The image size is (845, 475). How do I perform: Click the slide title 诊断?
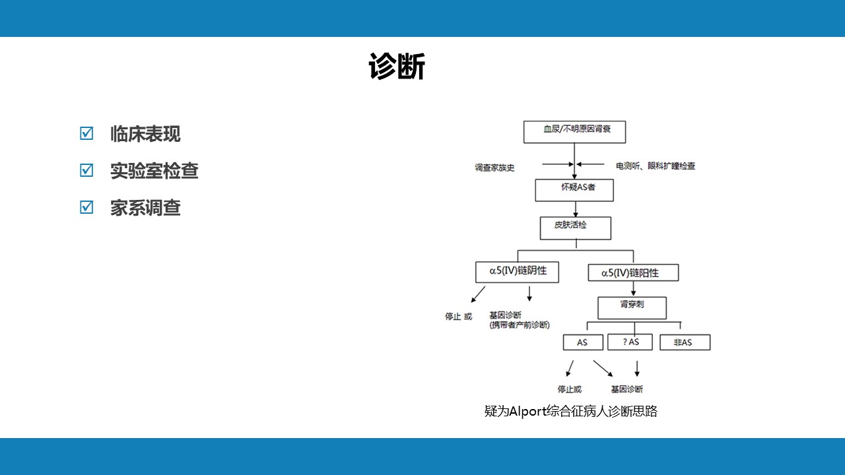pos(397,67)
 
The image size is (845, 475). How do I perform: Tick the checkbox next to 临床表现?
pos(86,133)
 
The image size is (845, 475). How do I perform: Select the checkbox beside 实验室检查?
pos(86,170)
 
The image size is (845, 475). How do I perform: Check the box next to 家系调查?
pos(86,207)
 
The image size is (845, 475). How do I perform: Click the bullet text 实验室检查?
pos(154,170)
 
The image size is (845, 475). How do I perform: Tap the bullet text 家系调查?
pos(145,208)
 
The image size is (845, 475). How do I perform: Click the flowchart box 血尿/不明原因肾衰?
pos(574,132)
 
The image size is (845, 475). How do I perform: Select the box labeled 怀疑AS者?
pos(574,190)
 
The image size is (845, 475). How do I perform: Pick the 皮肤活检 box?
pos(576,228)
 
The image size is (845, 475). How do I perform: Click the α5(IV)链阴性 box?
pos(517,272)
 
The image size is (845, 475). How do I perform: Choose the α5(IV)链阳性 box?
pos(633,272)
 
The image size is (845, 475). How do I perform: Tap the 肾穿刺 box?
pos(632,308)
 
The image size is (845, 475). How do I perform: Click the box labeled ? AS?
pos(630,342)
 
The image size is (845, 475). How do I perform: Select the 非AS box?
pos(685,342)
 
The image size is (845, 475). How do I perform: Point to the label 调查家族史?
pos(494,168)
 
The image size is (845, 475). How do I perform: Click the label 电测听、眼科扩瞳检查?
pos(656,166)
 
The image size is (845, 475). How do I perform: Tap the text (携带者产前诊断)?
pos(520,325)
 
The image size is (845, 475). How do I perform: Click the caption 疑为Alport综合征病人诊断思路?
pos(571,411)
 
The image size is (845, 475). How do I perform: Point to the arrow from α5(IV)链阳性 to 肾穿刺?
pos(633,289)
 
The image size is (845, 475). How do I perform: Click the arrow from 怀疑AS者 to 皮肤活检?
pos(576,209)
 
